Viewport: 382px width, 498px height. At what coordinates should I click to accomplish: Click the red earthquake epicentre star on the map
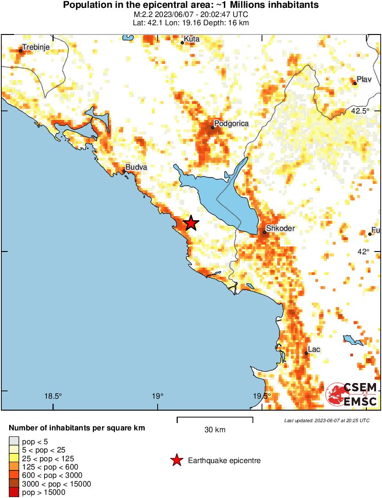[x=191, y=223]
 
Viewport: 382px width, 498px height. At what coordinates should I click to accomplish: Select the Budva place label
[x=137, y=167]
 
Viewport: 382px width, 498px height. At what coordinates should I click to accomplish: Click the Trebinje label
[x=36, y=47]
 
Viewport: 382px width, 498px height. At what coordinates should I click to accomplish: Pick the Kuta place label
[x=192, y=39]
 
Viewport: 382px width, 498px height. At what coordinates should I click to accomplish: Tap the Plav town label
[x=364, y=80]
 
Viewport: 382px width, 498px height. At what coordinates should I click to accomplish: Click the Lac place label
[x=314, y=349]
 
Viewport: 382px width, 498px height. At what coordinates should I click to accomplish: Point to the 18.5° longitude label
[x=53, y=396]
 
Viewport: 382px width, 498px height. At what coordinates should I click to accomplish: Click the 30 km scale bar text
[x=215, y=430]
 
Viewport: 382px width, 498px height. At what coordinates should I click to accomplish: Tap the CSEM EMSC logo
[x=352, y=394]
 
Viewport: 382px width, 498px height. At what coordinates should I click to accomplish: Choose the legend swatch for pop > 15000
[x=14, y=492]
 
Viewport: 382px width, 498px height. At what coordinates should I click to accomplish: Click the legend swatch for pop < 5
[x=14, y=442]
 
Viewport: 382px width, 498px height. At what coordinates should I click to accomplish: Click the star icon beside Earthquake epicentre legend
[x=176, y=460]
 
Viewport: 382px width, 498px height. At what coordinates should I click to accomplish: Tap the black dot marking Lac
[x=306, y=353]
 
